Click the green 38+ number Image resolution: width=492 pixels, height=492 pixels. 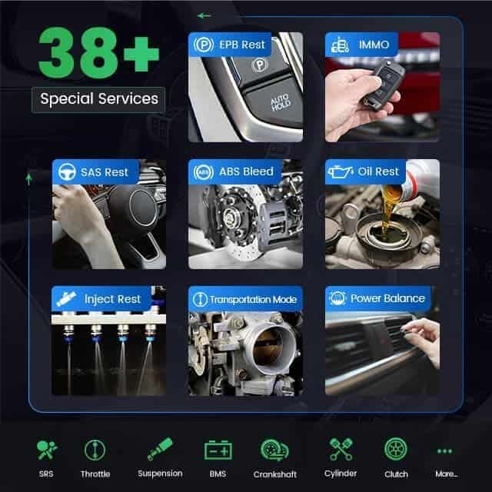98,52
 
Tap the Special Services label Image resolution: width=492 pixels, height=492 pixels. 99,99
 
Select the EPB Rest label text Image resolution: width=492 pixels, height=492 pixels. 242,45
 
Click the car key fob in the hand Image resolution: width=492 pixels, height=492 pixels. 384,84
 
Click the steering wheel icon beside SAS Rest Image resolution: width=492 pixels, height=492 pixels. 67,172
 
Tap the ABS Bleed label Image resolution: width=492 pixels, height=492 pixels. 246,171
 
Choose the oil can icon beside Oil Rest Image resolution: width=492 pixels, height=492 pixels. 340,171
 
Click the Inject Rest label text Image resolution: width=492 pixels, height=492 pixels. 112,299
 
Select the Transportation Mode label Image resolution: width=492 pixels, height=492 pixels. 253,300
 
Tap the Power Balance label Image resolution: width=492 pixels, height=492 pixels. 387,298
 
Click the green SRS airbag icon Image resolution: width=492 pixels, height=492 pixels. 47,450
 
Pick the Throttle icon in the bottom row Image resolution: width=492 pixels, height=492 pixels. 95,450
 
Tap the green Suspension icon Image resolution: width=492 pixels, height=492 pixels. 160,449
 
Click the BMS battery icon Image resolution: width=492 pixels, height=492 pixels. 218,450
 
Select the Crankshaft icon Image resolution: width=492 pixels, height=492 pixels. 275,450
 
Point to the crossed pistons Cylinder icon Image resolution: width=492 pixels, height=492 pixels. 341,449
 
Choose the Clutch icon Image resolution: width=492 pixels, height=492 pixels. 396,449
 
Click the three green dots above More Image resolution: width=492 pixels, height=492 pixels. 445,451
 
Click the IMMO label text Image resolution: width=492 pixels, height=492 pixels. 374,45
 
